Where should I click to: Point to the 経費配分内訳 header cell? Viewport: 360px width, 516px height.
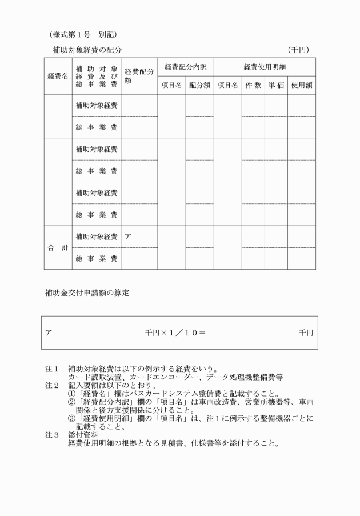point(185,67)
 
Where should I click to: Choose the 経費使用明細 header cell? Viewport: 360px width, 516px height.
point(265,67)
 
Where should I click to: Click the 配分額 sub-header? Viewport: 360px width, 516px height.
point(199,85)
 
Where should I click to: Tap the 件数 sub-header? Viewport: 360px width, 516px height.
point(253,85)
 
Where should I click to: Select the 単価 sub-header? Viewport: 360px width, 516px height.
point(276,85)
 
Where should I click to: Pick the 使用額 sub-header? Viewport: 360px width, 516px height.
point(301,85)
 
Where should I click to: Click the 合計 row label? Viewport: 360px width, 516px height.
point(58,247)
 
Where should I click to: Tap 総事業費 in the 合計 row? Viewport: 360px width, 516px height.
point(97,258)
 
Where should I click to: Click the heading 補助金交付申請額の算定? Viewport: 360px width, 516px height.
point(87,294)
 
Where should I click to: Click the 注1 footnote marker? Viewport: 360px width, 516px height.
point(51,369)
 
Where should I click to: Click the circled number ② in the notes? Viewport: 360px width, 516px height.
point(71,402)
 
